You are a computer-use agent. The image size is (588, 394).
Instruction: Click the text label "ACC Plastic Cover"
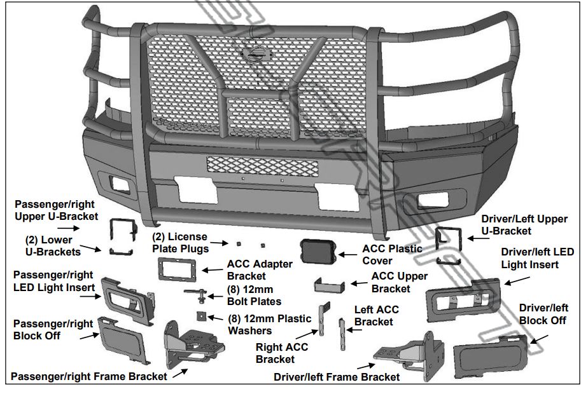click(392, 254)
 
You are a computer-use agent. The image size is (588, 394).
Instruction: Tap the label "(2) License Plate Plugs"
click(179, 243)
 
